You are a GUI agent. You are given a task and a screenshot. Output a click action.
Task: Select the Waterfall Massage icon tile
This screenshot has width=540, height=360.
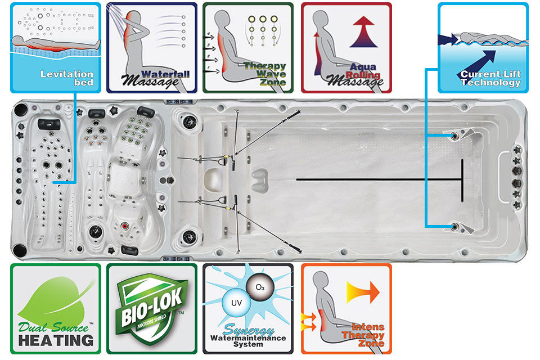tap(151, 47)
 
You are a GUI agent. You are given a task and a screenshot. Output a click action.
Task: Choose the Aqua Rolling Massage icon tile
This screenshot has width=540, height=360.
tap(346, 47)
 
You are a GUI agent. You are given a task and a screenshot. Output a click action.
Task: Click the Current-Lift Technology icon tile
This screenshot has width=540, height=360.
tap(483, 47)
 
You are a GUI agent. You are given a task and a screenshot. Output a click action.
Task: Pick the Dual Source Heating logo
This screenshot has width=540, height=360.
tap(55, 309)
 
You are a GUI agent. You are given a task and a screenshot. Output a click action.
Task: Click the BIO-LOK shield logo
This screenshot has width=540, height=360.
tap(152, 309)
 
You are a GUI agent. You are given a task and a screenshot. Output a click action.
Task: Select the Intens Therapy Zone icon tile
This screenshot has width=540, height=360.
tap(346, 309)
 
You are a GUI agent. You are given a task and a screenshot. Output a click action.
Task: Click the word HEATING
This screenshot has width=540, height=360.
tap(55, 340)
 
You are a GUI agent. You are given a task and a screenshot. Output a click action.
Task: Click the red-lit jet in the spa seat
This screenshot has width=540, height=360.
tap(125, 226)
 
